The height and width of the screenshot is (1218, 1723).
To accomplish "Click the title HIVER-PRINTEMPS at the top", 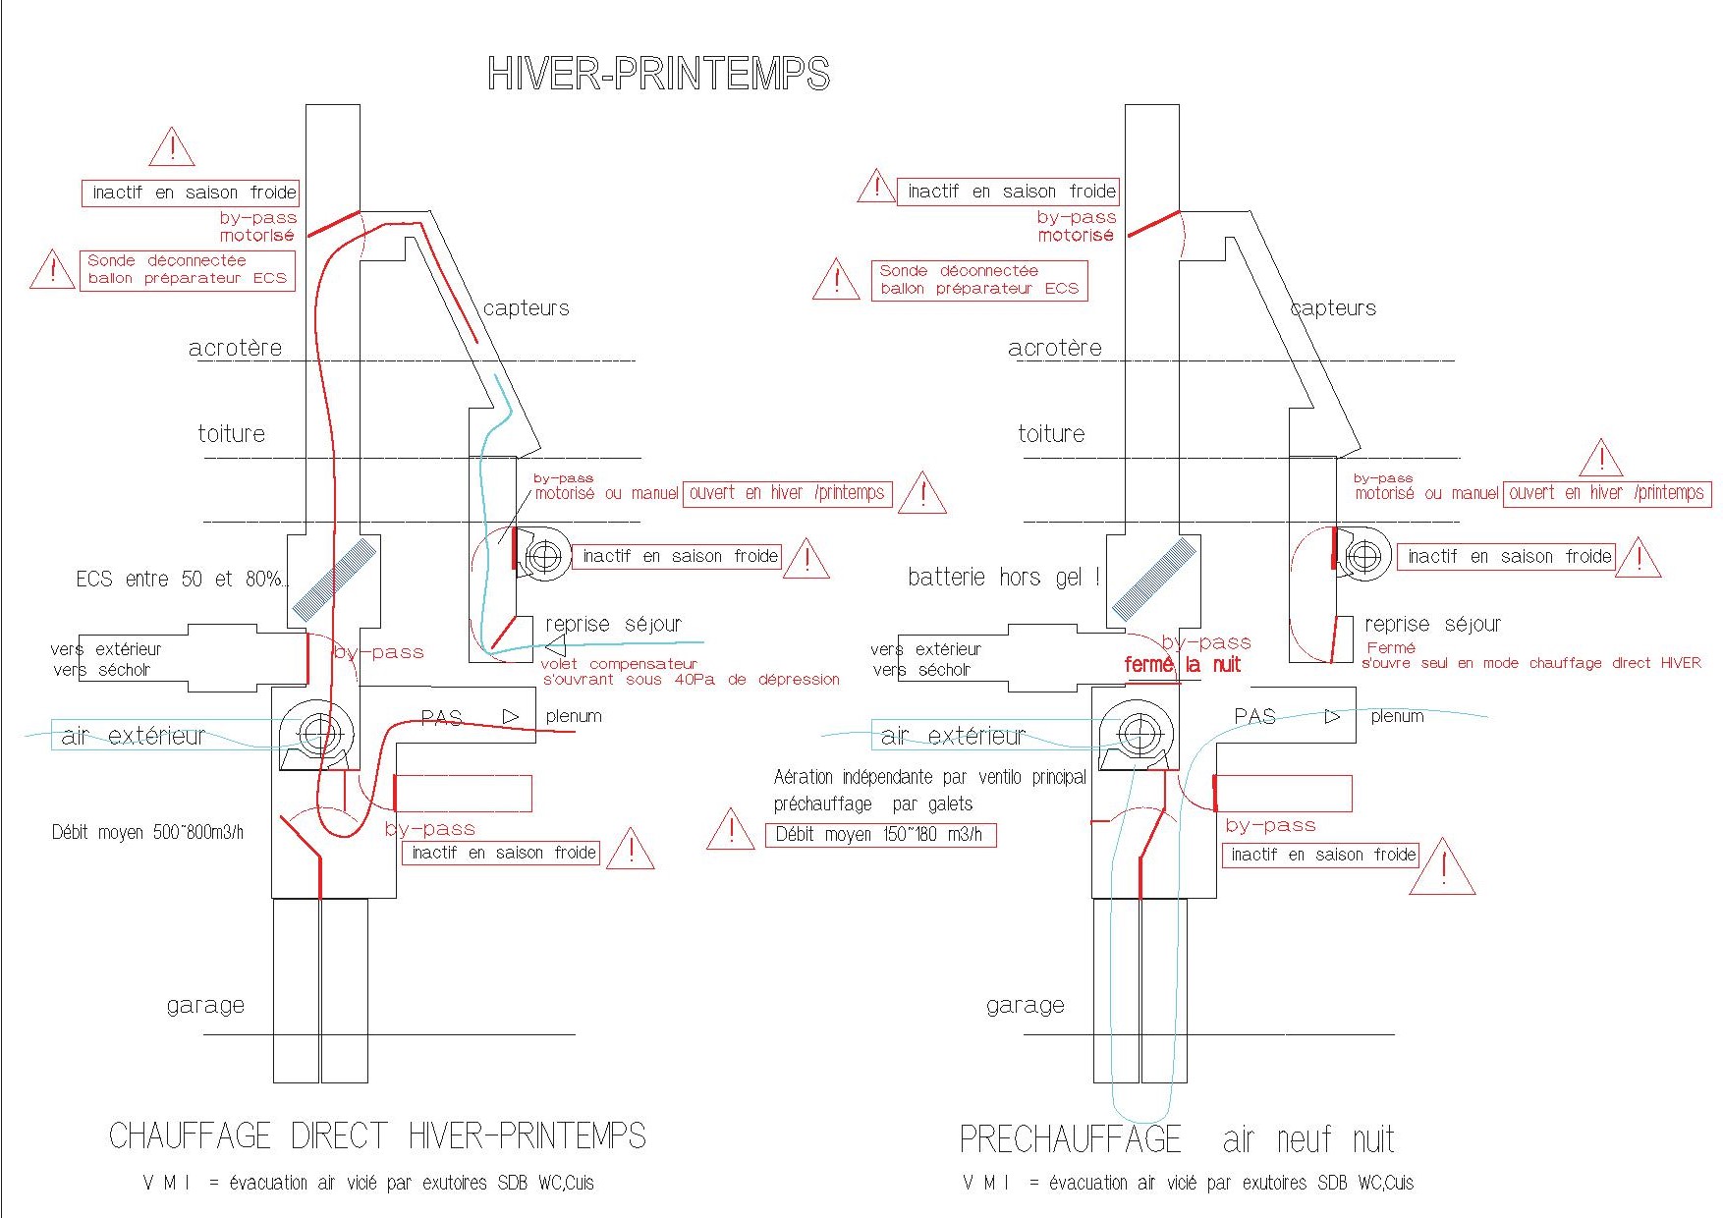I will (x=658, y=75).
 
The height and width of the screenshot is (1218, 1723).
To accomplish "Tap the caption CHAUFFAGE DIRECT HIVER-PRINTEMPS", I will (x=377, y=1136).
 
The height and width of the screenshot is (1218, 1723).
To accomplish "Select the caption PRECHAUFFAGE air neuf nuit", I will (x=1176, y=1139).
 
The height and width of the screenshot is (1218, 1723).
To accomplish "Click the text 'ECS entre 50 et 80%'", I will (x=182, y=580).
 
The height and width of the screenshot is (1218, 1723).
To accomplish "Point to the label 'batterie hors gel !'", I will (x=1003, y=578).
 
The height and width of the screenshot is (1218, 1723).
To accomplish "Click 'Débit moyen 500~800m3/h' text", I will (x=147, y=833).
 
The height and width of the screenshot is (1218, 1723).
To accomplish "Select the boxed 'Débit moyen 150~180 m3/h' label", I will (x=880, y=835).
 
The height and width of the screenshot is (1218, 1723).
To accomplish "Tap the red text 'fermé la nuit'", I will (x=1183, y=665).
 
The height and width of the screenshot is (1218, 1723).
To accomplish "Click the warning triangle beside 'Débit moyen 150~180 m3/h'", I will (x=730, y=830).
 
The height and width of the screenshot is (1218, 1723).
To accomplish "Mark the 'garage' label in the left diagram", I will (x=205, y=1005).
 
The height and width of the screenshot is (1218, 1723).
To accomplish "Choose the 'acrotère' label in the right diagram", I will (x=1054, y=348).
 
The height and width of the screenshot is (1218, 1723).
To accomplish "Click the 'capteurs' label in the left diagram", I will (x=526, y=308).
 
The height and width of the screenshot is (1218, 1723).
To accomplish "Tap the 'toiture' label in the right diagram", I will (x=1051, y=433).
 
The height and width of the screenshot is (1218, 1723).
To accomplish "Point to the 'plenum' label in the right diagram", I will (x=1397, y=716).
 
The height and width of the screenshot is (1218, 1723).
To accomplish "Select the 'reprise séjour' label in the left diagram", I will (x=613, y=624).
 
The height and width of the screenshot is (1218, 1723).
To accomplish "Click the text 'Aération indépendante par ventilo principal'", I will (x=929, y=778).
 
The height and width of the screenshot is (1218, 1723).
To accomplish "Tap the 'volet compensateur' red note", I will (x=619, y=664).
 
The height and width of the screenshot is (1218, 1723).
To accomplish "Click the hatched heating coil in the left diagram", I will (x=335, y=580).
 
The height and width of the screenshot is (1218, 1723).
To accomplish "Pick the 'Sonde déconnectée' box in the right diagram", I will (x=979, y=280).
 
